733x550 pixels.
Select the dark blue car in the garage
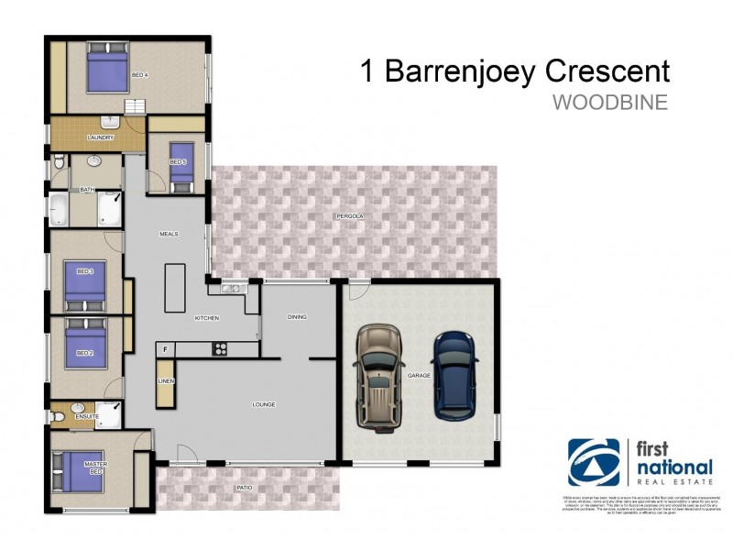click(x=455, y=377)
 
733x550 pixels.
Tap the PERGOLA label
click(x=349, y=216)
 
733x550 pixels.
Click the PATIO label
click(x=243, y=488)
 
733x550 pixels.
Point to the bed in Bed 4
click(x=107, y=71)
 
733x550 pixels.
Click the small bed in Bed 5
click(x=181, y=166)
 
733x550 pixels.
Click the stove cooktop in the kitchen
click(x=220, y=348)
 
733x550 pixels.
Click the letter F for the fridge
click(x=166, y=349)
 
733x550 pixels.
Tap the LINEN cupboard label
click(x=166, y=380)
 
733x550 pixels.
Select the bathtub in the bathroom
click(x=59, y=210)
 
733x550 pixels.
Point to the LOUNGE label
click(x=264, y=404)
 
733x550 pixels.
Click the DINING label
click(x=297, y=317)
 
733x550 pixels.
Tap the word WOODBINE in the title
click(x=609, y=102)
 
